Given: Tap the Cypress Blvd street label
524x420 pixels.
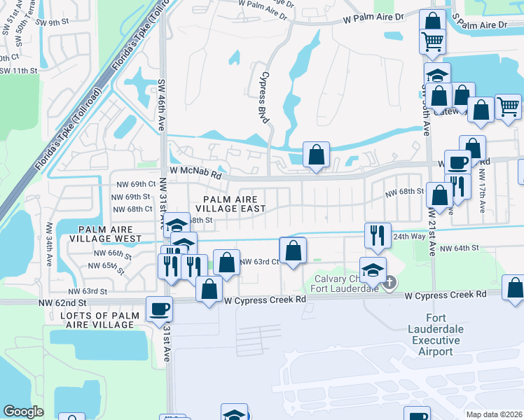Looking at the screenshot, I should coord(264,98).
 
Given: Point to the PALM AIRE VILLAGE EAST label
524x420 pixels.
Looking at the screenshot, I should coord(230,204).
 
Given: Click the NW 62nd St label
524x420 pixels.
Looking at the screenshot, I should coord(62,302).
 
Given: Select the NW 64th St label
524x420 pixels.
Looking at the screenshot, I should coord(460,248).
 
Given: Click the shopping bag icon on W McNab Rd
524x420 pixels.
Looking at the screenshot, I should coord(316,154).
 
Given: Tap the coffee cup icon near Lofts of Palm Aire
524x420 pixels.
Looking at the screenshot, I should coord(159,308).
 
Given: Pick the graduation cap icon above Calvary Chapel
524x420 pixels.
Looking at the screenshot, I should coord(373,269).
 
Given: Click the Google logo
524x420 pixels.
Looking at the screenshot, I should coord(24,412).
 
